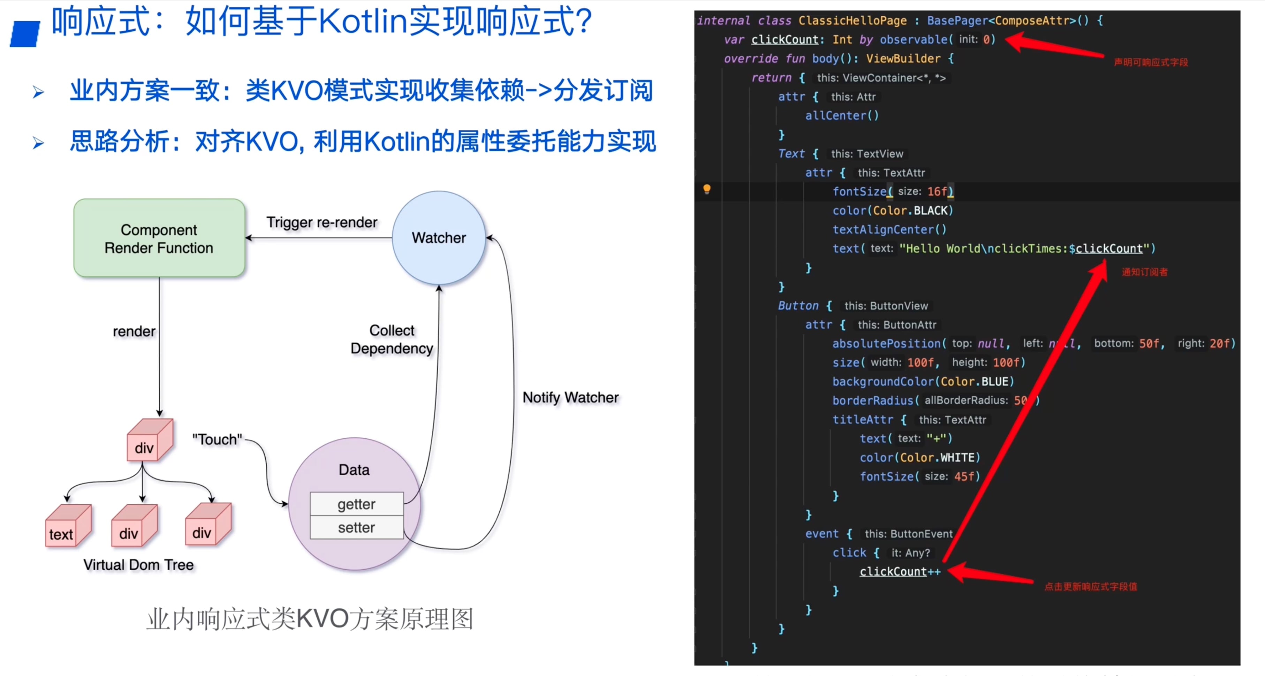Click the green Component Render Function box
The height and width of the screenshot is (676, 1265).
pos(159,238)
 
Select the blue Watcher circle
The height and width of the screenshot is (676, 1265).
pos(439,238)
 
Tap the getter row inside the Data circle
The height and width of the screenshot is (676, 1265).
pos(356,504)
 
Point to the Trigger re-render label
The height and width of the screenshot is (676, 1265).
pos(321,223)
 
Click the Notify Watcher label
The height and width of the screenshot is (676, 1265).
pos(570,397)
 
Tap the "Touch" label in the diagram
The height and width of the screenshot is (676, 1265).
pos(217,439)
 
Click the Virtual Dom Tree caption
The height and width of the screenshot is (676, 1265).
pos(138,565)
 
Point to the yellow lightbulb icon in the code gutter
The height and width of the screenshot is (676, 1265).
pos(707,189)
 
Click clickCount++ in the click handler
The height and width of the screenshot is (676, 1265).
pos(900,571)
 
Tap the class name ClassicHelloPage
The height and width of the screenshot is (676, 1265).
pos(852,21)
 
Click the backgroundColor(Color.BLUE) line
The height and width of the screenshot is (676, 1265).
pos(923,382)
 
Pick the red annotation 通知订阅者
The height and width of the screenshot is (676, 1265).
pos(1144,272)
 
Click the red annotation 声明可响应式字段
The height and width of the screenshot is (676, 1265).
pos(1151,62)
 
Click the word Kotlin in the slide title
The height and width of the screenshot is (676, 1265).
pos(362,22)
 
